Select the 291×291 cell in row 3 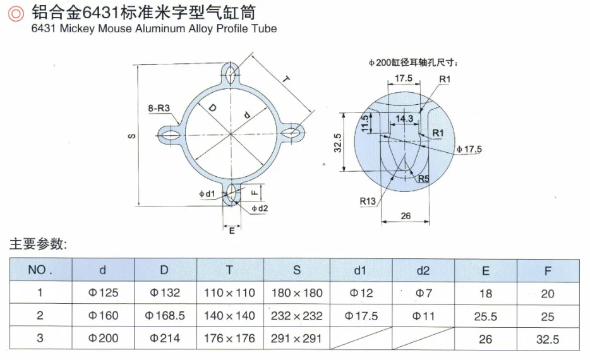coord(296,339)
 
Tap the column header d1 coord(359,270)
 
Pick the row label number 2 coord(40,316)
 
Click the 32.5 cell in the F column coord(548,339)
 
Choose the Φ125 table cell coord(103,293)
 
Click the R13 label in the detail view coord(368,201)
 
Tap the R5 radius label coord(423,179)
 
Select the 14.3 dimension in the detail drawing coord(404,118)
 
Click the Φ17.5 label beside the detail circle coord(469,149)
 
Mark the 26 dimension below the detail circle coord(406,216)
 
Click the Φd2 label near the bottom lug coord(260,208)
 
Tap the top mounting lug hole coord(231,73)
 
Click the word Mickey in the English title coord(77,28)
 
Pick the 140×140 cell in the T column coord(229,316)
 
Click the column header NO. coord(40,270)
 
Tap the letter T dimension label coord(286,80)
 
